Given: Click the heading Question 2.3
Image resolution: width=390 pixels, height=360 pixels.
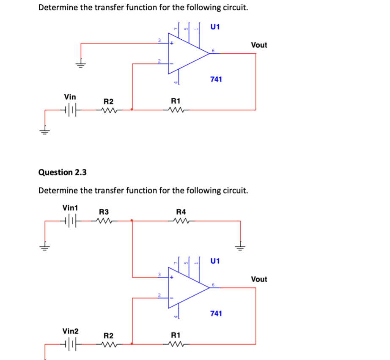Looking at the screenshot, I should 62,172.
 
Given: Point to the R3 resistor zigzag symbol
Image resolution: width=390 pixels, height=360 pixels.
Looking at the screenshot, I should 104,220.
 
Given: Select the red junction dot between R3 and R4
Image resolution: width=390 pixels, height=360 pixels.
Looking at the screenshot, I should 132,220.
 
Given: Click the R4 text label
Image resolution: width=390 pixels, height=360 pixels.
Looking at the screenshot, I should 181,211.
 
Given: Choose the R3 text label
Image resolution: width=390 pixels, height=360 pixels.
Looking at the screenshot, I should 104,211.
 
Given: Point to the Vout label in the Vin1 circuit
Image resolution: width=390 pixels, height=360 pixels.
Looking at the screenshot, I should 259,279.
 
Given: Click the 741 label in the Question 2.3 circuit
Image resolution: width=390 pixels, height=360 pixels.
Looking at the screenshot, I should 216,314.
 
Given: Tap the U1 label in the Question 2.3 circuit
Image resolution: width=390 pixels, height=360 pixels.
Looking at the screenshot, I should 215,261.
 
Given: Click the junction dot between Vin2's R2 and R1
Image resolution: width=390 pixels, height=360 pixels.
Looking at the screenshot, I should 132,344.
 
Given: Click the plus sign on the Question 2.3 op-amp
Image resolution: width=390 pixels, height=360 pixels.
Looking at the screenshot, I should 172,278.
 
